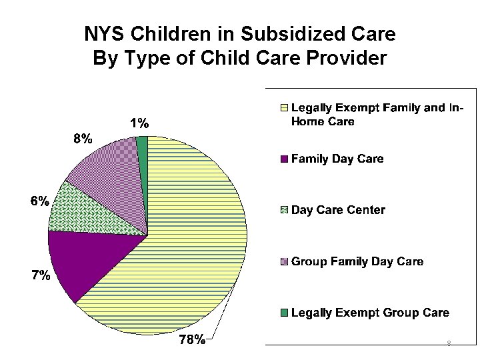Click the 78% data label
[x=193, y=341]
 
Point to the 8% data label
[x=83, y=139]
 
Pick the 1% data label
[x=139, y=123]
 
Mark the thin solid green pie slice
[x=143, y=143]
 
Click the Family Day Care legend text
[x=337, y=159]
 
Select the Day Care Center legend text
[x=338, y=210]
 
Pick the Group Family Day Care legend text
[x=357, y=261]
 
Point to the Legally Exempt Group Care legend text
[x=371, y=312]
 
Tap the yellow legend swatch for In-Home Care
[x=283, y=107]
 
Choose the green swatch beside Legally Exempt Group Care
[x=283, y=313]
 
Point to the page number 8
[x=449, y=344]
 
